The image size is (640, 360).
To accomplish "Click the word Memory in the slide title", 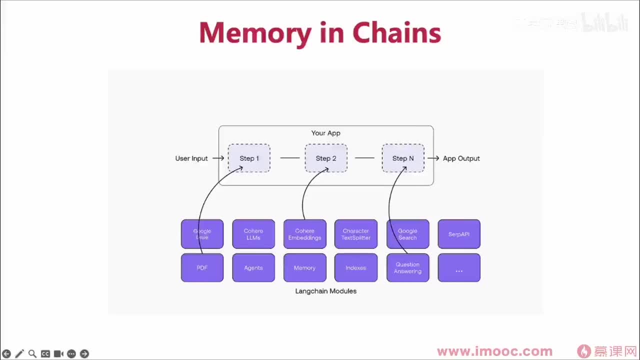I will pyautogui.click(x=255, y=33).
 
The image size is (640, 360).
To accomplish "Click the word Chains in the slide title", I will pyautogui.click(x=396, y=33).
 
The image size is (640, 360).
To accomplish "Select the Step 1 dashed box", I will pyautogui.click(x=249, y=158).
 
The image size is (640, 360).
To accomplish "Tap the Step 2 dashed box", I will pyautogui.click(x=326, y=158).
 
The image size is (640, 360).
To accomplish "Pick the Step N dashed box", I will pyautogui.click(x=403, y=158).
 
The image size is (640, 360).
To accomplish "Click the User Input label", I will pyautogui.click(x=191, y=158).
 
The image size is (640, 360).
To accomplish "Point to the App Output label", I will pyautogui.click(x=461, y=158).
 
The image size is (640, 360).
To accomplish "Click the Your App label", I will pyautogui.click(x=325, y=133).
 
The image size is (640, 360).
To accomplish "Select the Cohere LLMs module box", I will pyautogui.click(x=253, y=234).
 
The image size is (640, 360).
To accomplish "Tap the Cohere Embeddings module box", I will pyautogui.click(x=304, y=234).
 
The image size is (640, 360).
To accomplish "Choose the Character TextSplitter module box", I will pyautogui.click(x=356, y=234).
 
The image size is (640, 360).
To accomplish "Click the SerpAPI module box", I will pyautogui.click(x=459, y=234).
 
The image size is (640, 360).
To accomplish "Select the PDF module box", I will pyautogui.click(x=202, y=268).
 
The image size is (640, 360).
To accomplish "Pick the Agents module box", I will pyautogui.click(x=253, y=268).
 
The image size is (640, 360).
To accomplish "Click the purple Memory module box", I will pyautogui.click(x=304, y=268).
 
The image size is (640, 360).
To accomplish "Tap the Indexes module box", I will pyautogui.click(x=356, y=268).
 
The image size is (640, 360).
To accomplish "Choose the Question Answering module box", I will pyautogui.click(x=407, y=268).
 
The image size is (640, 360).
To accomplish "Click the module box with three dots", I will pyautogui.click(x=459, y=268).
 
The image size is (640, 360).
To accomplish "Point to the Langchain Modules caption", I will pyautogui.click(x=325, y=291).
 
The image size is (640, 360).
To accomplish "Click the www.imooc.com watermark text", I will pyautogui.click(x=494, y=351).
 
